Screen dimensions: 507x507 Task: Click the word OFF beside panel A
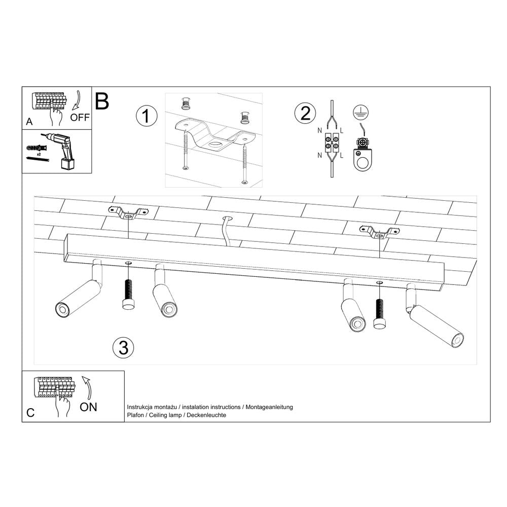(80, 118)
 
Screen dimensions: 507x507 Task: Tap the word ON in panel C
(89, 407)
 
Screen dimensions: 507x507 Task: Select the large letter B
(102, 101)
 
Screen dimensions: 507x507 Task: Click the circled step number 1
(147, 116)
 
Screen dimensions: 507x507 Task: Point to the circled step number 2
(305, 113)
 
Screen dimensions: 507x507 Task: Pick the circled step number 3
(123, 347)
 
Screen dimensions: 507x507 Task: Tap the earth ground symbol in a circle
(360, 113)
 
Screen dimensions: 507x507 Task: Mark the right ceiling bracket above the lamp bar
(379, 232)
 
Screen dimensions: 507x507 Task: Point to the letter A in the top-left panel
(29, 122)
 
